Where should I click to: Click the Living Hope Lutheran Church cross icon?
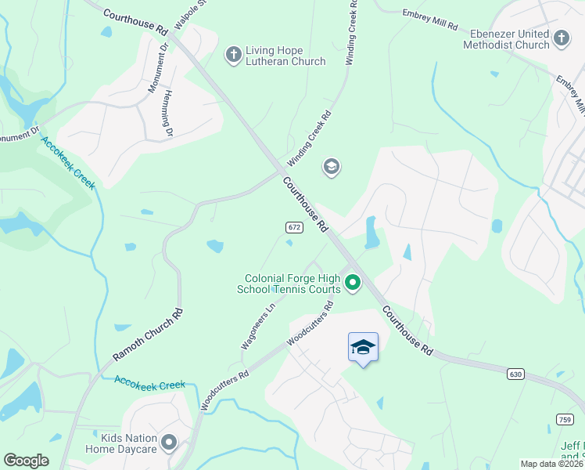point(233,54)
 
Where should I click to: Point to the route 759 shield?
point(565,420)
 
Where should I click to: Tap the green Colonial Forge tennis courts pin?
point(353,283)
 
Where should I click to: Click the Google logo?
point(26,461)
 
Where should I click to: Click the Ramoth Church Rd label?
point(148,334)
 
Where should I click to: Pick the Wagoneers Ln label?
point(259,328)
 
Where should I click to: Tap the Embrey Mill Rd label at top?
point(429,20)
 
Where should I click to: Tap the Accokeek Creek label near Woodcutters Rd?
point(149,384)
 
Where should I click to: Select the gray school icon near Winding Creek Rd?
point(332,167)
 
